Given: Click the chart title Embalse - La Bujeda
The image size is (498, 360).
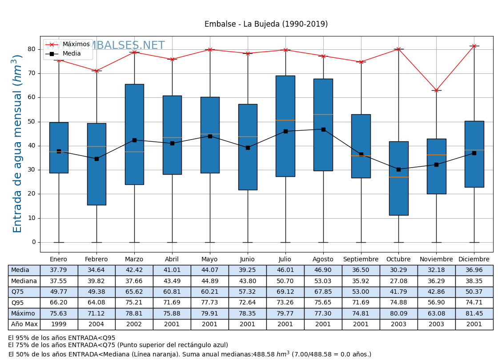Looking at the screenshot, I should click(x=266, y=24).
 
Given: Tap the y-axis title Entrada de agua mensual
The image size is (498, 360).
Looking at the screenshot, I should click(x=17, y=144).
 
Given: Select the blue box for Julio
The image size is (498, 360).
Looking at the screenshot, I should click(x=285, y=126).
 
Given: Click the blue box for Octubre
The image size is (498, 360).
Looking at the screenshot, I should click(x=398, y=178).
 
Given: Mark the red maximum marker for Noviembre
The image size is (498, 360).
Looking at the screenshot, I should click(x=436, y=90).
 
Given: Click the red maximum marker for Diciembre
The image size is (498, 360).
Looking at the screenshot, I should click(x=474, y=46).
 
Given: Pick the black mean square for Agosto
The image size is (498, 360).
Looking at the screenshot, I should click(x=323, y=129).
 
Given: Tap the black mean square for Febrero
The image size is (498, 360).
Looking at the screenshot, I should click(x=96, y=159).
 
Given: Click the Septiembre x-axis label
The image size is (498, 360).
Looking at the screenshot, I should click(x=361, y=260).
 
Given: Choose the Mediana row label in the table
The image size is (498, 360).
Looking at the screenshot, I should click(x=24, y=281).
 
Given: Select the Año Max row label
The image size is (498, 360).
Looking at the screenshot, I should click(x=24, y=324).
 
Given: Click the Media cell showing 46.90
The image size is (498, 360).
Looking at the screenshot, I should click(x=323, y=270).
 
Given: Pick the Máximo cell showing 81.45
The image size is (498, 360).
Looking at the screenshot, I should click(x=474, y=314).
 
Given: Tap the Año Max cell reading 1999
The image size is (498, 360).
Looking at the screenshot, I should click(x=59, y=324).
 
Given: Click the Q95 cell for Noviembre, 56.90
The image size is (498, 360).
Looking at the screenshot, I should click(x=436, y=303).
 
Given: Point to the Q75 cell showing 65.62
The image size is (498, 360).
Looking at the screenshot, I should click(x=134, y=292).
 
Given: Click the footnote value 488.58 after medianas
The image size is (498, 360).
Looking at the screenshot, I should click(x=266, y=355).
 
